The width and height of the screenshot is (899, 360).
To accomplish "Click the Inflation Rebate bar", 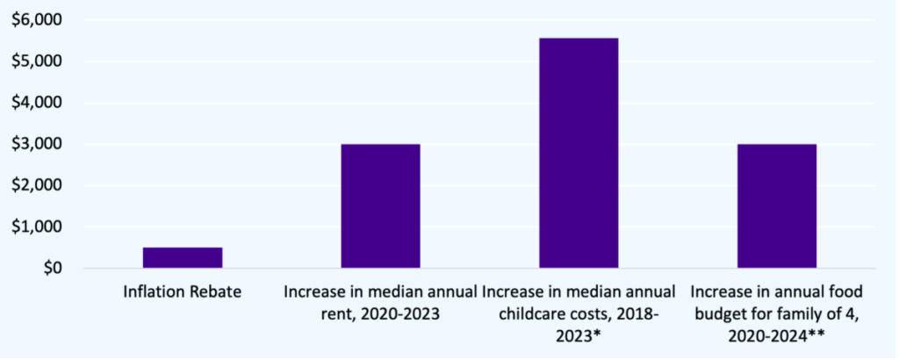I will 183,257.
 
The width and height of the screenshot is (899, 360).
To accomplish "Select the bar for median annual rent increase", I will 380,205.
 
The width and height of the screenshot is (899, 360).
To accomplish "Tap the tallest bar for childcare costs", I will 579,153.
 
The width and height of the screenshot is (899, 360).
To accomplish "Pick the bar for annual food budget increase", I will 777,205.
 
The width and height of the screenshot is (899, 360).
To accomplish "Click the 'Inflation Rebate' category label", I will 183,291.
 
